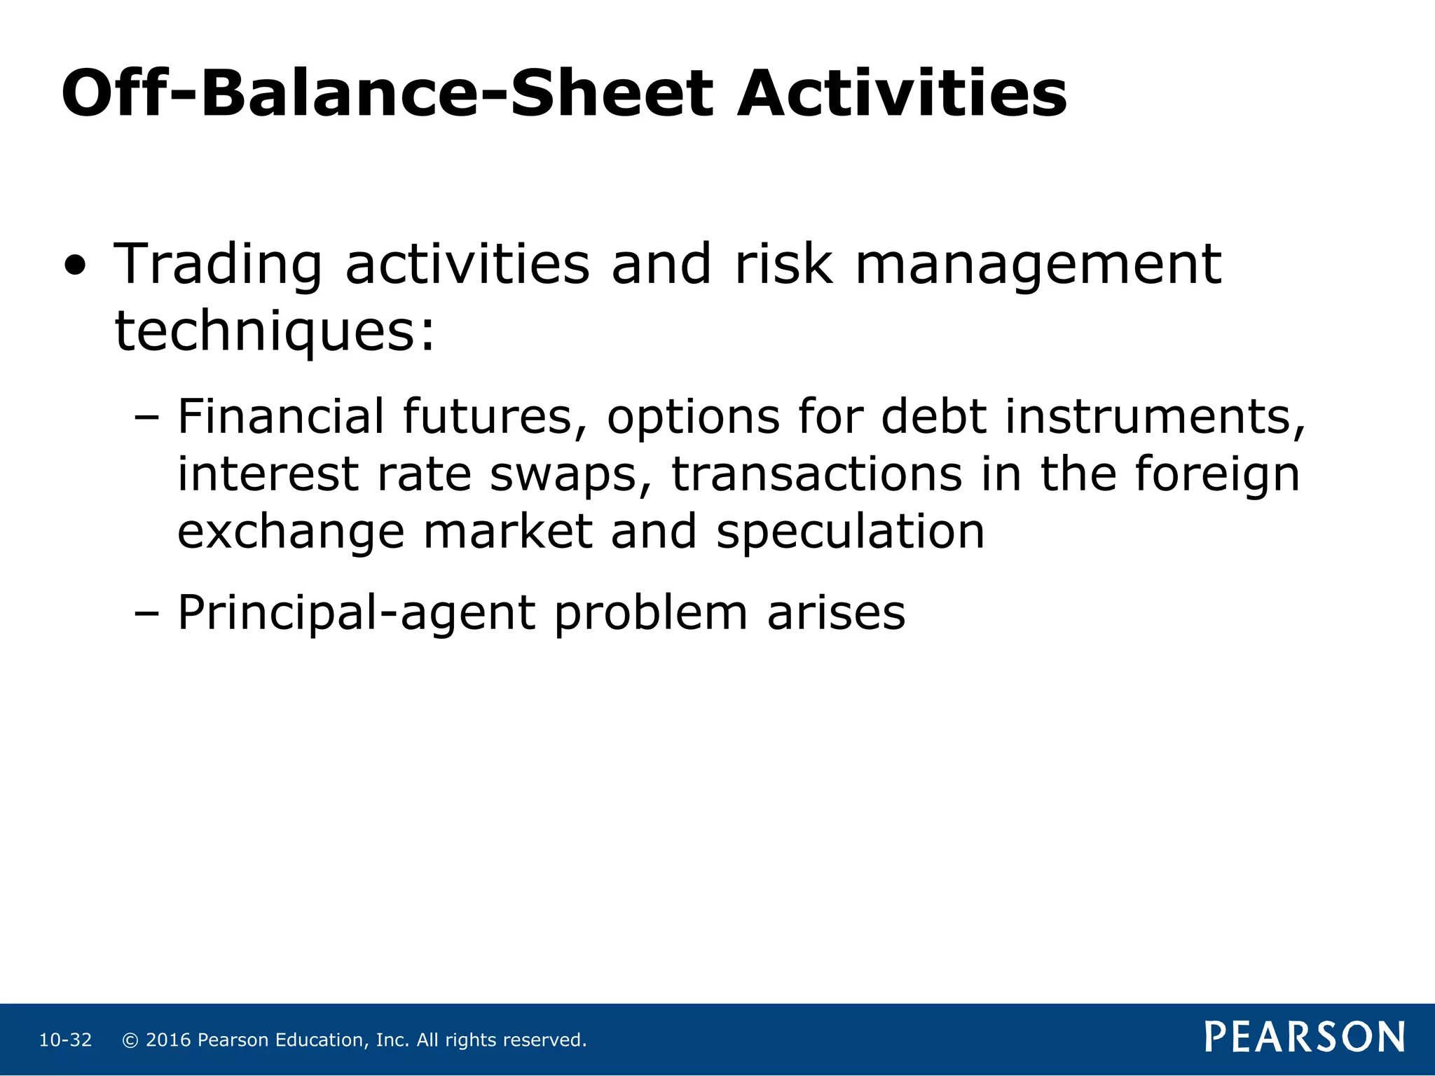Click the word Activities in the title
(x=902, y=95)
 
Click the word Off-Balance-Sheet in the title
(x=387, y=95)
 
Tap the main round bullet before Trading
(x=76, y=267)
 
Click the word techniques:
(x=275, y=332)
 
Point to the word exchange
(x=291, y=532)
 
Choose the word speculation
(x=850, y=532)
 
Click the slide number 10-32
(x=65, y=1040)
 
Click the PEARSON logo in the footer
(x=1305, y=1037)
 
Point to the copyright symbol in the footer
(x=130, y=1040)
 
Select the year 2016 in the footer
(x=168, y=1040)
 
